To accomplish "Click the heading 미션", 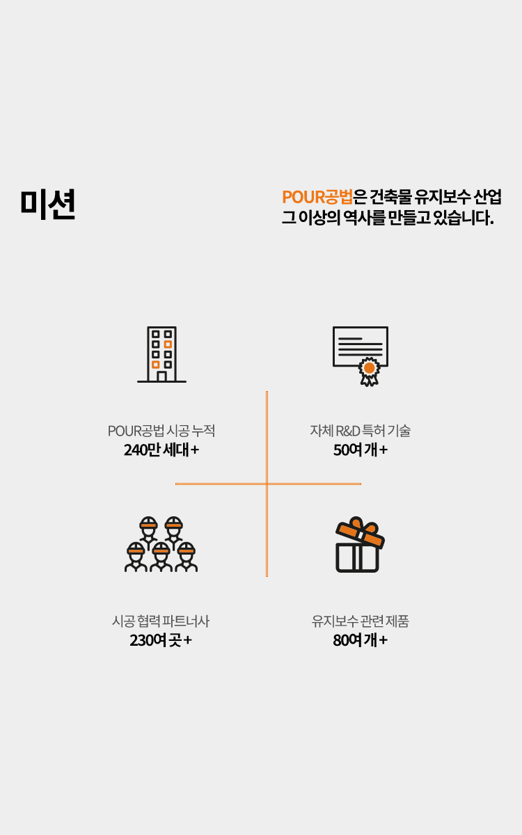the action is click(x=47, y=204).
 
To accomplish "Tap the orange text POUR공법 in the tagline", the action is click(x=317, y=197).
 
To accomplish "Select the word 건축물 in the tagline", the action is click(x=388, y=197).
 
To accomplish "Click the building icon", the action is click(x=161, y=354).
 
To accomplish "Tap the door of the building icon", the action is click(x=161, y=376).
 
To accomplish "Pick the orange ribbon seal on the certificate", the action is click(x=370, y=368).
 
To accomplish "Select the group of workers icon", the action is click(x=161, y=544).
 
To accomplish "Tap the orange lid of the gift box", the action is click(x=361, y=532).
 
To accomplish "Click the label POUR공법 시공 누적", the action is click(x=161, y=431).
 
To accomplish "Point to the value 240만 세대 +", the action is click(x=161, y=450).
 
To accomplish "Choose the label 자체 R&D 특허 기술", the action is click(x=360, y=431).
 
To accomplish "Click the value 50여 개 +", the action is click(x=360, y=450).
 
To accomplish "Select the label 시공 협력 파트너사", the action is click(x=161, y=621).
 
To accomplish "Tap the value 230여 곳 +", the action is click(x=161, y=640).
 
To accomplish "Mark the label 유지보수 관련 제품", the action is click(x=360, y=621).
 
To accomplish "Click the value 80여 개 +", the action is click(x=360, y=640).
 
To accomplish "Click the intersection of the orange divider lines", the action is click(x=267, y=484).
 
